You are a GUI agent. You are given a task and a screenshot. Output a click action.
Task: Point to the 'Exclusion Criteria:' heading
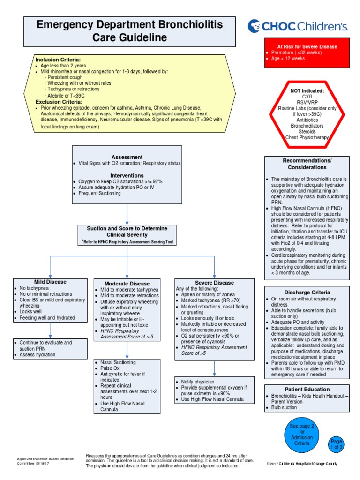pyautogui.click(x=59, y=102)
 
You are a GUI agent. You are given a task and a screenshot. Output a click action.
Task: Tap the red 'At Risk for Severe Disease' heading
pyautogui.click(x=307, y=47)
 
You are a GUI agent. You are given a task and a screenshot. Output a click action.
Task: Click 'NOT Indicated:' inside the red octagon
pyautogui.click(x=307, y=90)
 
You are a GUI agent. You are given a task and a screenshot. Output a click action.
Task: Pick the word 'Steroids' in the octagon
pyautogui.click(x=307, y=132)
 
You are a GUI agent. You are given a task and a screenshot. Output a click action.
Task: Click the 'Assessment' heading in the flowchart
pyautogui.click(x=127, y=157)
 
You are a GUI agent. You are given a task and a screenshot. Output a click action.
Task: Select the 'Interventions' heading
pyautogui.click(x=127, y=175)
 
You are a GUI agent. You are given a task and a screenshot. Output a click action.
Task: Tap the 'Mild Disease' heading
pyautogui.click(x=50, y=282)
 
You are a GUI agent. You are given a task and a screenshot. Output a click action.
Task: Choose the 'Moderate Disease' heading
pyautogui.click(x=127, y=284)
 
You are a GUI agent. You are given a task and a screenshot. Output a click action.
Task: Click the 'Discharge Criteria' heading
pyautogui.click(x=307, y=292)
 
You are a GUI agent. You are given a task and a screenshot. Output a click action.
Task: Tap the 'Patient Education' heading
pyautogui.click(x=307, y=390)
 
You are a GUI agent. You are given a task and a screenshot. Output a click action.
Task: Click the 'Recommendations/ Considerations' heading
pyautogui.click(x=307, y=164)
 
